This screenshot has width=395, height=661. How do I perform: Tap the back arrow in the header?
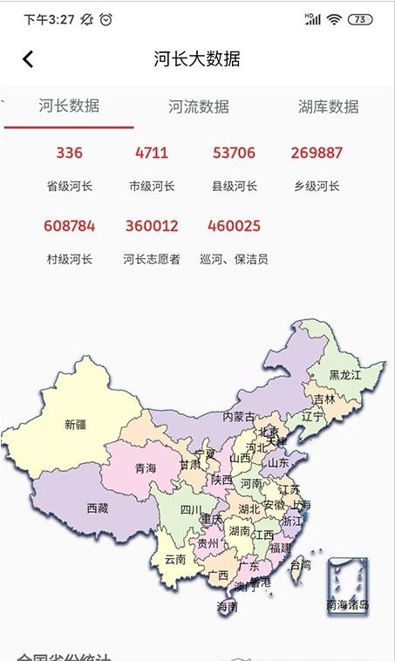click(x=28, y=58)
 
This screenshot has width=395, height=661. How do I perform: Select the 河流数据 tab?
click(x=199, y=107)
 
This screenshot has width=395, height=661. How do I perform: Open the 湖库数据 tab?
click(x=328, y=107)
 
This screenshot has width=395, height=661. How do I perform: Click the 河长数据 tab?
click(x=69, y=106)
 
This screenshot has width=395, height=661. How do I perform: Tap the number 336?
click(x=69, y=153)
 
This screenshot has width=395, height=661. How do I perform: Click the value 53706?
click(x=234, y=153)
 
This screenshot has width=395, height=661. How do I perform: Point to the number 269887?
click(x=317, y=153)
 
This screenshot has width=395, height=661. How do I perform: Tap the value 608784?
click(x=69, y=226)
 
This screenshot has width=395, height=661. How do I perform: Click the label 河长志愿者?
click(x=152, y=259)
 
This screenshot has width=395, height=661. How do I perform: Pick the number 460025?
click(x=234, y=226)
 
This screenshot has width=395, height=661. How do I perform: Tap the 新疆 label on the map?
click(x=76, y=426)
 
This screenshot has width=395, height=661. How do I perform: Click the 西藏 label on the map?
click(x=98, y=508)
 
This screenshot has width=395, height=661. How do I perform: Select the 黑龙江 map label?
click(x=344, y=375)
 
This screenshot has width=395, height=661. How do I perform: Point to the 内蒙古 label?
click(x=239, y=417)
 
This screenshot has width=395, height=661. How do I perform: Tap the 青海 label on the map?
click(x=146, y=469)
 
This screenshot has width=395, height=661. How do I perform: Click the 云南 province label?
click(x=175, y=560)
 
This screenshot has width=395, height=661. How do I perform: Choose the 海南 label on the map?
click(x=227, y=606)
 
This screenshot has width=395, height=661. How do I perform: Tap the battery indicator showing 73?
click(x=359, y=19)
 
